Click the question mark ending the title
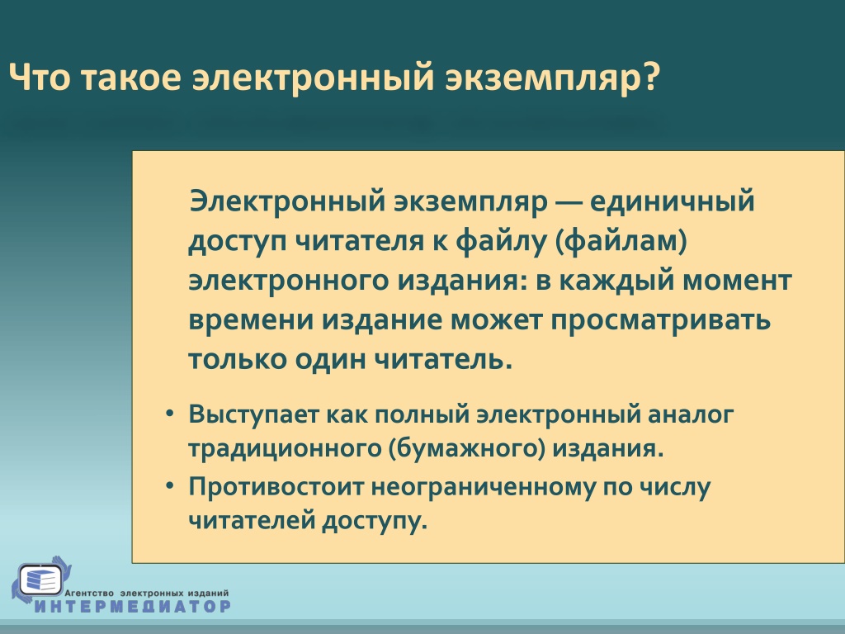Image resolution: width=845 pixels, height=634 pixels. click(651, 77)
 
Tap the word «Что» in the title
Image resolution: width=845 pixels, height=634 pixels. click(40, 77)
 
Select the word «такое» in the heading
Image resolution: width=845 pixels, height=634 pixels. click(131, 78)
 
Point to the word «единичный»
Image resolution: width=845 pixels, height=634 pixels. click(672, 202)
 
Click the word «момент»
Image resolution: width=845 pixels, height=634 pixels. click(737, 282)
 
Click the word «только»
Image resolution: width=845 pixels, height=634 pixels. click(237, 360)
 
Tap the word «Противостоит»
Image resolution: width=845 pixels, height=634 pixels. click(276, 487)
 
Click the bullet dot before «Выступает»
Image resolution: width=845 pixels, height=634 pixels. click(170, 414)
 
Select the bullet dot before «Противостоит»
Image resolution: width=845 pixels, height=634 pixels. click(170, 485)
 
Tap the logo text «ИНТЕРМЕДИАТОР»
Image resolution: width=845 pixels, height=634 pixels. click(133, 606)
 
